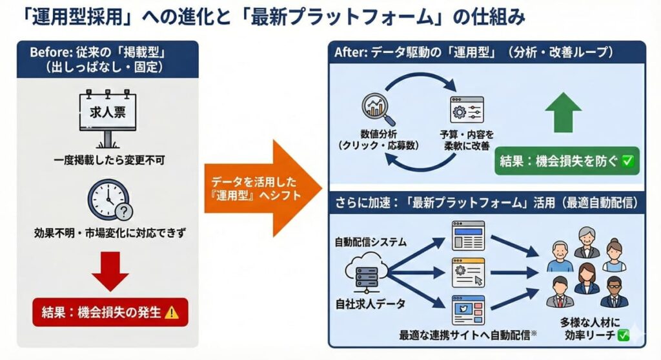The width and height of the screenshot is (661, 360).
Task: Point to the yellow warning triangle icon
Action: coord(172,312)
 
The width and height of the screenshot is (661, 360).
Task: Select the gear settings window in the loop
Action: coord(467,109)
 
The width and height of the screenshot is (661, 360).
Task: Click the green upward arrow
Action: coord(563,113)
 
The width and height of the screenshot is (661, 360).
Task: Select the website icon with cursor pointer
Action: coord(468,272)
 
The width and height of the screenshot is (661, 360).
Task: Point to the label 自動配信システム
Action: coord(371,243)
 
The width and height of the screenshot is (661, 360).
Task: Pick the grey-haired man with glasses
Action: coord(587,243)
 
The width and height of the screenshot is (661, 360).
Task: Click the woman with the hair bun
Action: coord(614,255)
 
